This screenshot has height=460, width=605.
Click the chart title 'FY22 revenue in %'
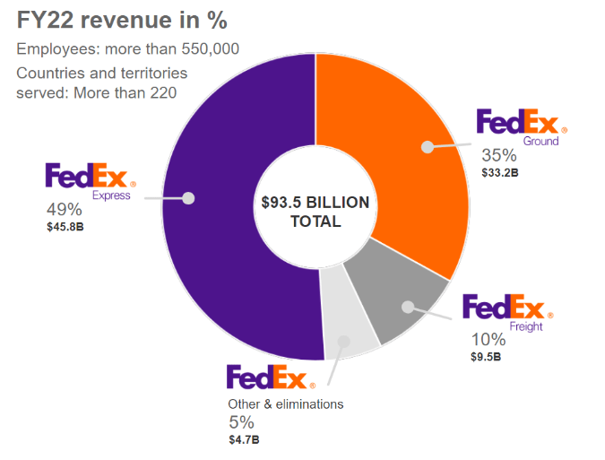click(x=124, y=19)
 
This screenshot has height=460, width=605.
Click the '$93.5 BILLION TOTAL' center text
click(x=315, y=212)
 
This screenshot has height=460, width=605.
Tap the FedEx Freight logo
click(x=506, y=310)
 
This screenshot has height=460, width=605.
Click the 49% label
click(x=64, y=210)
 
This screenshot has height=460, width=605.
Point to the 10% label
click(x=488, y=340)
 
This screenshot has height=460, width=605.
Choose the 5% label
click(x=241, y=422)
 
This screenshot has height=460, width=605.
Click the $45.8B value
click(x=65, y=228)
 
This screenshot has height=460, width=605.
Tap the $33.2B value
click(x=500, y=172)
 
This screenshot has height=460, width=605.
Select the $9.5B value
click(x=486, y=357)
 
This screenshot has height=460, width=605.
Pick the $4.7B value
click(x=244, y=439)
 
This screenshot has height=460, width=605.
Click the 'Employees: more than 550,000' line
click(x=128, y=49)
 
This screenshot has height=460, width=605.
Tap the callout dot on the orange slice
click(x=428, y=146)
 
